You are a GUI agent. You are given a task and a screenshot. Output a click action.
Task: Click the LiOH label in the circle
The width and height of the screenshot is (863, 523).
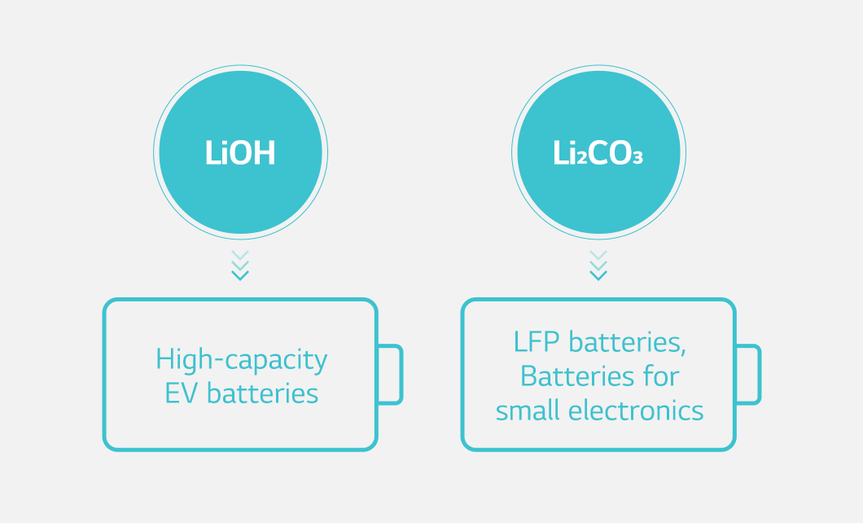coord(240,152)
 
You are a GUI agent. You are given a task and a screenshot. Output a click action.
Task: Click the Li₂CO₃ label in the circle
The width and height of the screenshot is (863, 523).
coord(598,152)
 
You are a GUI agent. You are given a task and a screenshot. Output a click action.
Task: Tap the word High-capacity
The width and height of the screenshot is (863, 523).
coord(242,360)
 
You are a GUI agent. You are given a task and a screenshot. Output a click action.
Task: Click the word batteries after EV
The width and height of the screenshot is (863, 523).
coord(262,393)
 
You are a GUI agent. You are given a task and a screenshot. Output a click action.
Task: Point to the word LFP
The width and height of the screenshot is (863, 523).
coord(537,342)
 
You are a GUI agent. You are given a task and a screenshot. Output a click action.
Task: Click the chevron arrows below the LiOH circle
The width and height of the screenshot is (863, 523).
coord(240,266)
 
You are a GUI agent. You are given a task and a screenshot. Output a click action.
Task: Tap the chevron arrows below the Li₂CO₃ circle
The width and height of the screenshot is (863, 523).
coord(598,266)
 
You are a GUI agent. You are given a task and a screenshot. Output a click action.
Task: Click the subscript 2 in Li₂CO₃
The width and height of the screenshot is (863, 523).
coord(582,159)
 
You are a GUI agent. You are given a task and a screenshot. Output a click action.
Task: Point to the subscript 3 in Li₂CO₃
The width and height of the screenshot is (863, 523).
coord(638,159)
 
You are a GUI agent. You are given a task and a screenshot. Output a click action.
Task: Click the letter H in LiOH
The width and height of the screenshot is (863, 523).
coord(264,152)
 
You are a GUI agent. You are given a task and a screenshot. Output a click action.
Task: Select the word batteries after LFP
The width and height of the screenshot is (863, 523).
coord(628,342)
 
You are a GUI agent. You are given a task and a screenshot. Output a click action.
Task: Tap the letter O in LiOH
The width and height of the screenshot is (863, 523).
coord(240,152)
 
